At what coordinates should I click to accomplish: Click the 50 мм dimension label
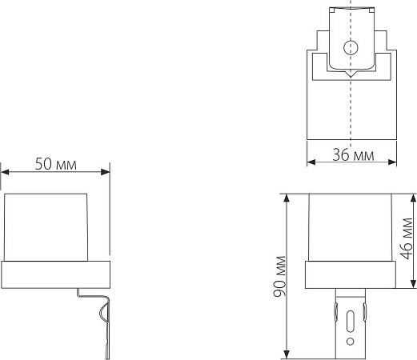coord(55,164)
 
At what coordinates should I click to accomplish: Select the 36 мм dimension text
coord(353,154)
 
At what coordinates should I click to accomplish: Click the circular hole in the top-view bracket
coord(349,47)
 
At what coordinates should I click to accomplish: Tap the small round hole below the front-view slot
coord(350,341)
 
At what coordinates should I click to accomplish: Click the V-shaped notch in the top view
coord(349,74)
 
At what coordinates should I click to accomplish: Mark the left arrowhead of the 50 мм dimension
coord(4,171)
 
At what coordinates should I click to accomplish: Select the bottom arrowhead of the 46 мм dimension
coord(413,286)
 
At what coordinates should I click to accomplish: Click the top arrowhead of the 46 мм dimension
coord(413,195)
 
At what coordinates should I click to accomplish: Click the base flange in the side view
coord(55,275)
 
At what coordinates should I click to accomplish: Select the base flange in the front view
coord(350,275)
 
